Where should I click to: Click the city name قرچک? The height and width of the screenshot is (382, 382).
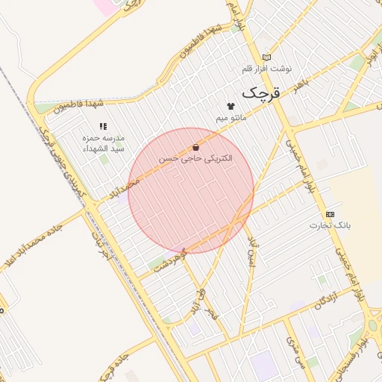[x=263, y=93]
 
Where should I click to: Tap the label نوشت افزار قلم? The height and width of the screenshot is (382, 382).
[x=266, y=69]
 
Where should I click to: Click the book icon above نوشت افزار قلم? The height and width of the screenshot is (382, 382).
[x=266, y=57]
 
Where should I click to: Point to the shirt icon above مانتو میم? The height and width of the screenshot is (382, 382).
[x=231, y=107]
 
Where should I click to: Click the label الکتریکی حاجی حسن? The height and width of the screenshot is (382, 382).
[x=195, y=159]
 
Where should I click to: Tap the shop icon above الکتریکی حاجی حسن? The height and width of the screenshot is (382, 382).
[x=195, y=148]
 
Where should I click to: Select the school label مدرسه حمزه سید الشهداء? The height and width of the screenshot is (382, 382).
[x=104, y=143]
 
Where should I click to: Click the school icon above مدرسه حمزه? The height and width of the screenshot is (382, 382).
[x=103, y=127]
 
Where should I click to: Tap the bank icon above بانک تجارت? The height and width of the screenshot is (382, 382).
[x=331, y=214]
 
